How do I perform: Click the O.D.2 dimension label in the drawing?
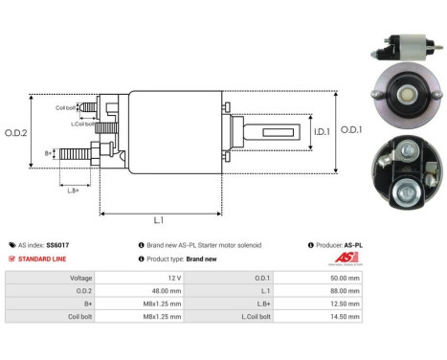click(x=15, y=131)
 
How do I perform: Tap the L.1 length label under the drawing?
click(x=159, y=219)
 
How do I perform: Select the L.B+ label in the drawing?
click(x=74, y=190)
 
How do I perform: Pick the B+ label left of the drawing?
click(x=49, y=153)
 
